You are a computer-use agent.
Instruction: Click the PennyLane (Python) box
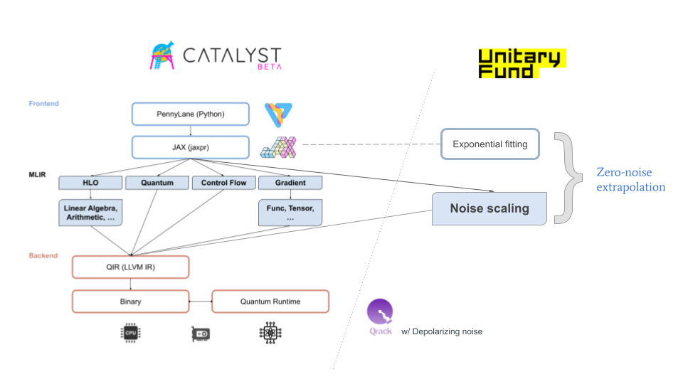tap(190, 114)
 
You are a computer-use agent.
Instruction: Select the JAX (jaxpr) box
tap(190, 147)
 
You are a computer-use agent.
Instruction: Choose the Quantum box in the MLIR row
tap(157, 183)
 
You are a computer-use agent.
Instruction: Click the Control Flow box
tap(223, 183)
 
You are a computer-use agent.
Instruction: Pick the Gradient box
tap(290, 183)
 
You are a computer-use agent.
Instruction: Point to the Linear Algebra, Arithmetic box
tap(90, 212)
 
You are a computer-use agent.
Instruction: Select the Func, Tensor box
tap(290, 212)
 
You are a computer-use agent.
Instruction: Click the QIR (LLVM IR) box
tap(130, 267)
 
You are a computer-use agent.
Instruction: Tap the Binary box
tap(130, 301)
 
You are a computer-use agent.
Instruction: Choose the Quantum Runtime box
tap(270, 301)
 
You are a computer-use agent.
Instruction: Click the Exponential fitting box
tap(490, 144)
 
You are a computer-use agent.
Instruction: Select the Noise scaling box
tap(489, 208)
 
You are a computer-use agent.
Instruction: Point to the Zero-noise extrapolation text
tap(630, 180)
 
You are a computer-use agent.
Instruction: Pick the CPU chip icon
tap(130, 333)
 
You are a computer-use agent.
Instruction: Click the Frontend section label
tap(44, 104)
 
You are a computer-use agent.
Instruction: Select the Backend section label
tap(43, 255)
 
